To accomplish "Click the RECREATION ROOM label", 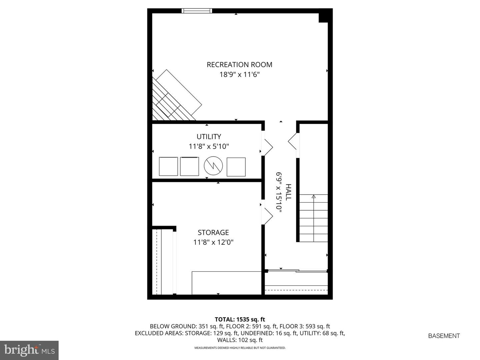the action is click(x=239, y=65).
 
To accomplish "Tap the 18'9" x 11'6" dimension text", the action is click(x=239, y=75).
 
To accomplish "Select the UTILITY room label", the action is click(x=209, y=137).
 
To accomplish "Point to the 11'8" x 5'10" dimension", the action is click(x=209, y=146).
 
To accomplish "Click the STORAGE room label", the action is click(x=213, y=232).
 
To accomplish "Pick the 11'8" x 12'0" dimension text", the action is click(x=213, y=242).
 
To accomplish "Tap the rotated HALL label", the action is click(x=288, y=192).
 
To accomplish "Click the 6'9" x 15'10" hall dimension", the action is click(x=279, y=192).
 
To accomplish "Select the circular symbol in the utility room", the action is click(x=213, y=166).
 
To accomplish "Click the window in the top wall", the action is click(x=197, y=11).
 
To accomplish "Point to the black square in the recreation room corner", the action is click(x=323, y=18).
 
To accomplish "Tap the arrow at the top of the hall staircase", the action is click(x=314, y=196).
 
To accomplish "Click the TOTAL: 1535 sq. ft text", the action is click(x=240, y=320).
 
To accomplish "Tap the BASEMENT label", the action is click(x=444, y=336).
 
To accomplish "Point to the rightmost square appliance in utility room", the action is click(x=236, y=167).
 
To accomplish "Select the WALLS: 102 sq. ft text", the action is click(x=240, y=340).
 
